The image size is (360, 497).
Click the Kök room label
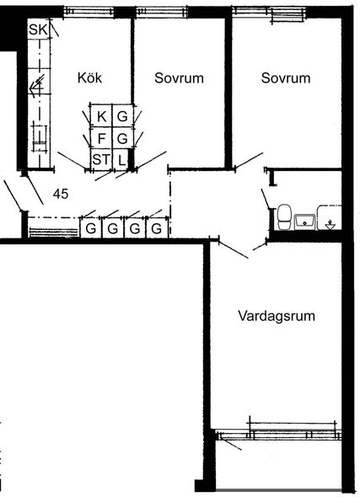[89, 77]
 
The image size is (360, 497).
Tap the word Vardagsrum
[277, 317]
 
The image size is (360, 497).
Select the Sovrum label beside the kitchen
[179, 78]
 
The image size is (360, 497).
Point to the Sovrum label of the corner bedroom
[286, 78]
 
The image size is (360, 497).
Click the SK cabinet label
[39, 29]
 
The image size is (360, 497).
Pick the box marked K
[101, 116]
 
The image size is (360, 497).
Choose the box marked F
[101, 138]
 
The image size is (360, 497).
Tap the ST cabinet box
[101, 159]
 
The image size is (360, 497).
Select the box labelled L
[121, 160]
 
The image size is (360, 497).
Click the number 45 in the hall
[61, 194]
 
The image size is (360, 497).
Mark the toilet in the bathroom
[284, 216]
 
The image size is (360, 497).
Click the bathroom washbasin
[304, 222]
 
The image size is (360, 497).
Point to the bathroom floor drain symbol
[330, 225]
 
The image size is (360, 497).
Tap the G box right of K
[122, 116]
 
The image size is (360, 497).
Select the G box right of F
[122, 138]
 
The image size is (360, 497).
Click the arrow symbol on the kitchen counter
[36, 86]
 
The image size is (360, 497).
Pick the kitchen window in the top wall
[89, 12]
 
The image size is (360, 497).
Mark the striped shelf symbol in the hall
[53, 232]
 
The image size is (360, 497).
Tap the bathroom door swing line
[266, 200]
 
